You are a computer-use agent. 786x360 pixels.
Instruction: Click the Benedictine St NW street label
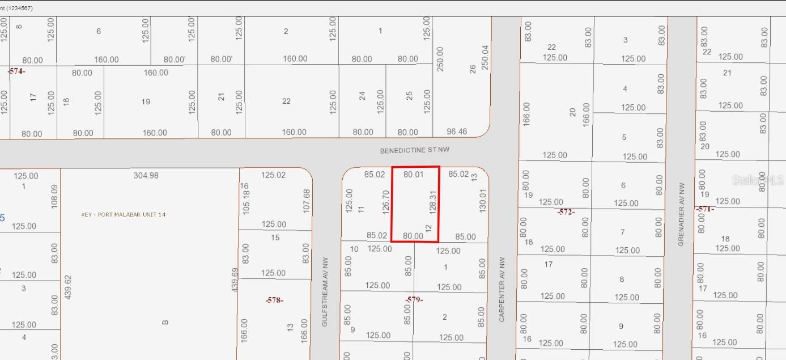[x=414, y=151]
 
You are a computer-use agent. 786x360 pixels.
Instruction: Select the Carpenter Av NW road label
[x=502, y=290]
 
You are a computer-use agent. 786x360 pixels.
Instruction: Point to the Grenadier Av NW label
[x=682, y=213]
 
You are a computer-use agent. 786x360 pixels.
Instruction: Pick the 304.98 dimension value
[x=146, y=176]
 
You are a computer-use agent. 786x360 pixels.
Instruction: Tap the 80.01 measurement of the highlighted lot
[x=413, y=175]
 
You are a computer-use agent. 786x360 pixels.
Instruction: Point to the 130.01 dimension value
[x=483, y=201]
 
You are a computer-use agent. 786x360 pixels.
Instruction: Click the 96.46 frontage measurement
[x=457, y=132]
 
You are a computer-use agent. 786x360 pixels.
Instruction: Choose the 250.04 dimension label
[x=485, y=58]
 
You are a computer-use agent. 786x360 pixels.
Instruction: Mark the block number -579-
[x=414, y=299]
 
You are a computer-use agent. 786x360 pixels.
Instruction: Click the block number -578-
[x=274, y=300]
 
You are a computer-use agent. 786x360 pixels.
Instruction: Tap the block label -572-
[x=565, y=212]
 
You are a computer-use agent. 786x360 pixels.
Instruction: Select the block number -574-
[x=16, y=71]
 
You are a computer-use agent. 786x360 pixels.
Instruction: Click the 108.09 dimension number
[x=54, y=196]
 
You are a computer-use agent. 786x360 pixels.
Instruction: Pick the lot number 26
[x=473, y=69]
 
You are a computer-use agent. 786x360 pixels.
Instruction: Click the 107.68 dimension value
[x=307, y=201]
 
